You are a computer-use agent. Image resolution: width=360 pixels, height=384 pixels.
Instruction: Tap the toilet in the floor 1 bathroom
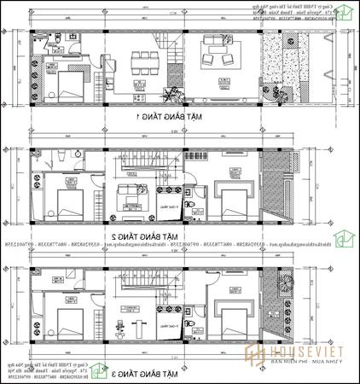point(53,41)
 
